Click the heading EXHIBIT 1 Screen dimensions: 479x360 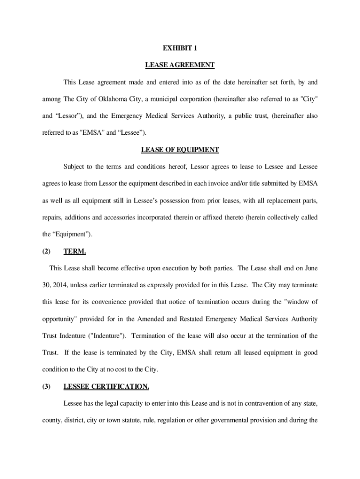(180, 48)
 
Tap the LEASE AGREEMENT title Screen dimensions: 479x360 (180, 65)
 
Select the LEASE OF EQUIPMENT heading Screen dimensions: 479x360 (180, 150)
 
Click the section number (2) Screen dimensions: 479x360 (46, 251)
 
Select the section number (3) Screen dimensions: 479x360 (46, 386)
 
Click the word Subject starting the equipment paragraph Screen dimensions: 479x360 (75, 167)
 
